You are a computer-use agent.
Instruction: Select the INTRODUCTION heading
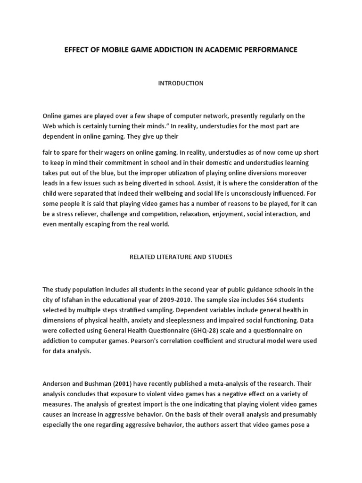click(x=181, y=83)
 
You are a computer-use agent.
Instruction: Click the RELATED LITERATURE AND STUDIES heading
click(x=181, y=257)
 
